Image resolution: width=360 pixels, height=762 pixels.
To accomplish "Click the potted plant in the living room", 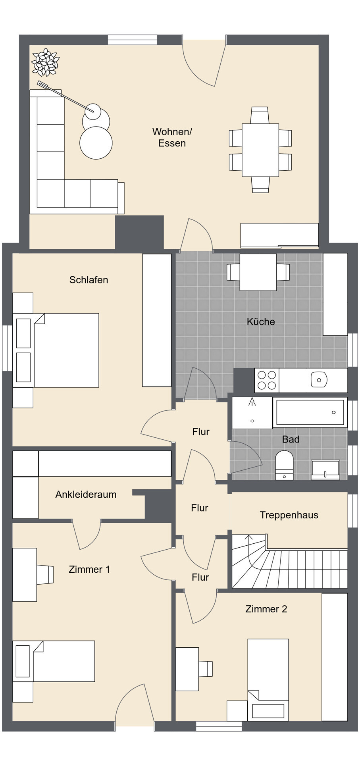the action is tap(45, 62).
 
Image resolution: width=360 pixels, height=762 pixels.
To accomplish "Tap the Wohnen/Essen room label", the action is tap(172, 137).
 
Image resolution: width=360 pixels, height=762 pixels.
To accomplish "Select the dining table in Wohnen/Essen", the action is tap(260, 150).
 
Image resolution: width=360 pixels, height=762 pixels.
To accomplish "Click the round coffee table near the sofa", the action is tap(96, 142).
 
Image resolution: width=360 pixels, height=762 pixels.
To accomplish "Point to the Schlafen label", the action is tap(89, 280).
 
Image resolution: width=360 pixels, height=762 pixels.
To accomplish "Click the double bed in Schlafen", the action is tap(56, 350).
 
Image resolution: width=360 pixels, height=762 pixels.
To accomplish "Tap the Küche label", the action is tap(261, 321).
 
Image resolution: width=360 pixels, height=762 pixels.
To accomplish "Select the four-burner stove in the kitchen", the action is tap(267, 380).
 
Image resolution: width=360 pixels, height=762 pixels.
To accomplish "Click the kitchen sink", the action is tap(319, 380).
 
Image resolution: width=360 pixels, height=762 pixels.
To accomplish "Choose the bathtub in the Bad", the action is tap(310, 412).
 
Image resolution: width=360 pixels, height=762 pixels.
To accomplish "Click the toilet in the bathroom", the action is tap(284, 465).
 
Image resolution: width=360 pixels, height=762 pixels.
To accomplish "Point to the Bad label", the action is tap(291, 439).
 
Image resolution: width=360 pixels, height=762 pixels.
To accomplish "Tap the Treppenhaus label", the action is tap(289, 515).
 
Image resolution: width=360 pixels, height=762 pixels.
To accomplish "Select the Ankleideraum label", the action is tap(86, 495).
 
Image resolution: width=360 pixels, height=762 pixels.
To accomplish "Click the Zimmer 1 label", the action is tap(89, 570).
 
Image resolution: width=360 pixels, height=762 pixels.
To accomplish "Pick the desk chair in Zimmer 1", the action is tap(45, 575).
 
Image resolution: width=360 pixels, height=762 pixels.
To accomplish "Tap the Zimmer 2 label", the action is tap(266, 609).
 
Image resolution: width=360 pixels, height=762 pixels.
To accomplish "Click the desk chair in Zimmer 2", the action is tap(206, 669).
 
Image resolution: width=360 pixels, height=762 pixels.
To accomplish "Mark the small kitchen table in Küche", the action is tap(258, 272).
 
